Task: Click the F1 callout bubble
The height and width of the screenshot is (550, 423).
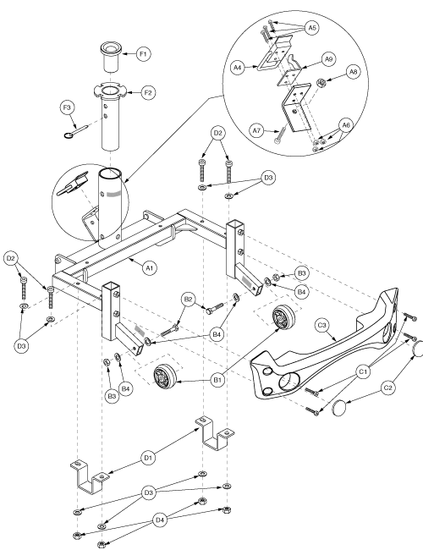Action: (x=143, y=54)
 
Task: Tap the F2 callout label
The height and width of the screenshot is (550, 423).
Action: (x=148, y=92)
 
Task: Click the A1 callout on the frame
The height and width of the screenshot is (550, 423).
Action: (x=150, y=268)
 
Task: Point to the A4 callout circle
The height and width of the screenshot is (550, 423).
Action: (x=238, y=68)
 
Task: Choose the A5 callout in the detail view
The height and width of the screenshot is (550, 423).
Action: (x=311, y=28)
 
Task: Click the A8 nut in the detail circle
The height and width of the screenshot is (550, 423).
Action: (x=321, y=83)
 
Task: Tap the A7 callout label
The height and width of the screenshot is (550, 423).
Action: (x=257, y=130)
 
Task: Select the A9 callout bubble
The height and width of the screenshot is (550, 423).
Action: (x=328, y=59)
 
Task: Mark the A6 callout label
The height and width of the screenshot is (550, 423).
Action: (x=346, y=125)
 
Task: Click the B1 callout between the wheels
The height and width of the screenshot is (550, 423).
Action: (x=217, y=380)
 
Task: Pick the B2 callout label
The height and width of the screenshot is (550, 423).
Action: (x=189, y=300)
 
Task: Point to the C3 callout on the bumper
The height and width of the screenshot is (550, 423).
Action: (x=321, y=325)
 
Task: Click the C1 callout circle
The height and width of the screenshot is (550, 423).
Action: (x=363, y=371)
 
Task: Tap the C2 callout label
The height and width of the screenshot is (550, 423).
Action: (x=388, y=388)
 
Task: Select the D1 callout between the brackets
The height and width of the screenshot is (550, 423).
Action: (x=148, y=458)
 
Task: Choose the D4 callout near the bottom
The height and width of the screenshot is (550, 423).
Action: (x=160, y=520)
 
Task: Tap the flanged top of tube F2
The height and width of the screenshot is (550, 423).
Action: (x=111, y=91)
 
